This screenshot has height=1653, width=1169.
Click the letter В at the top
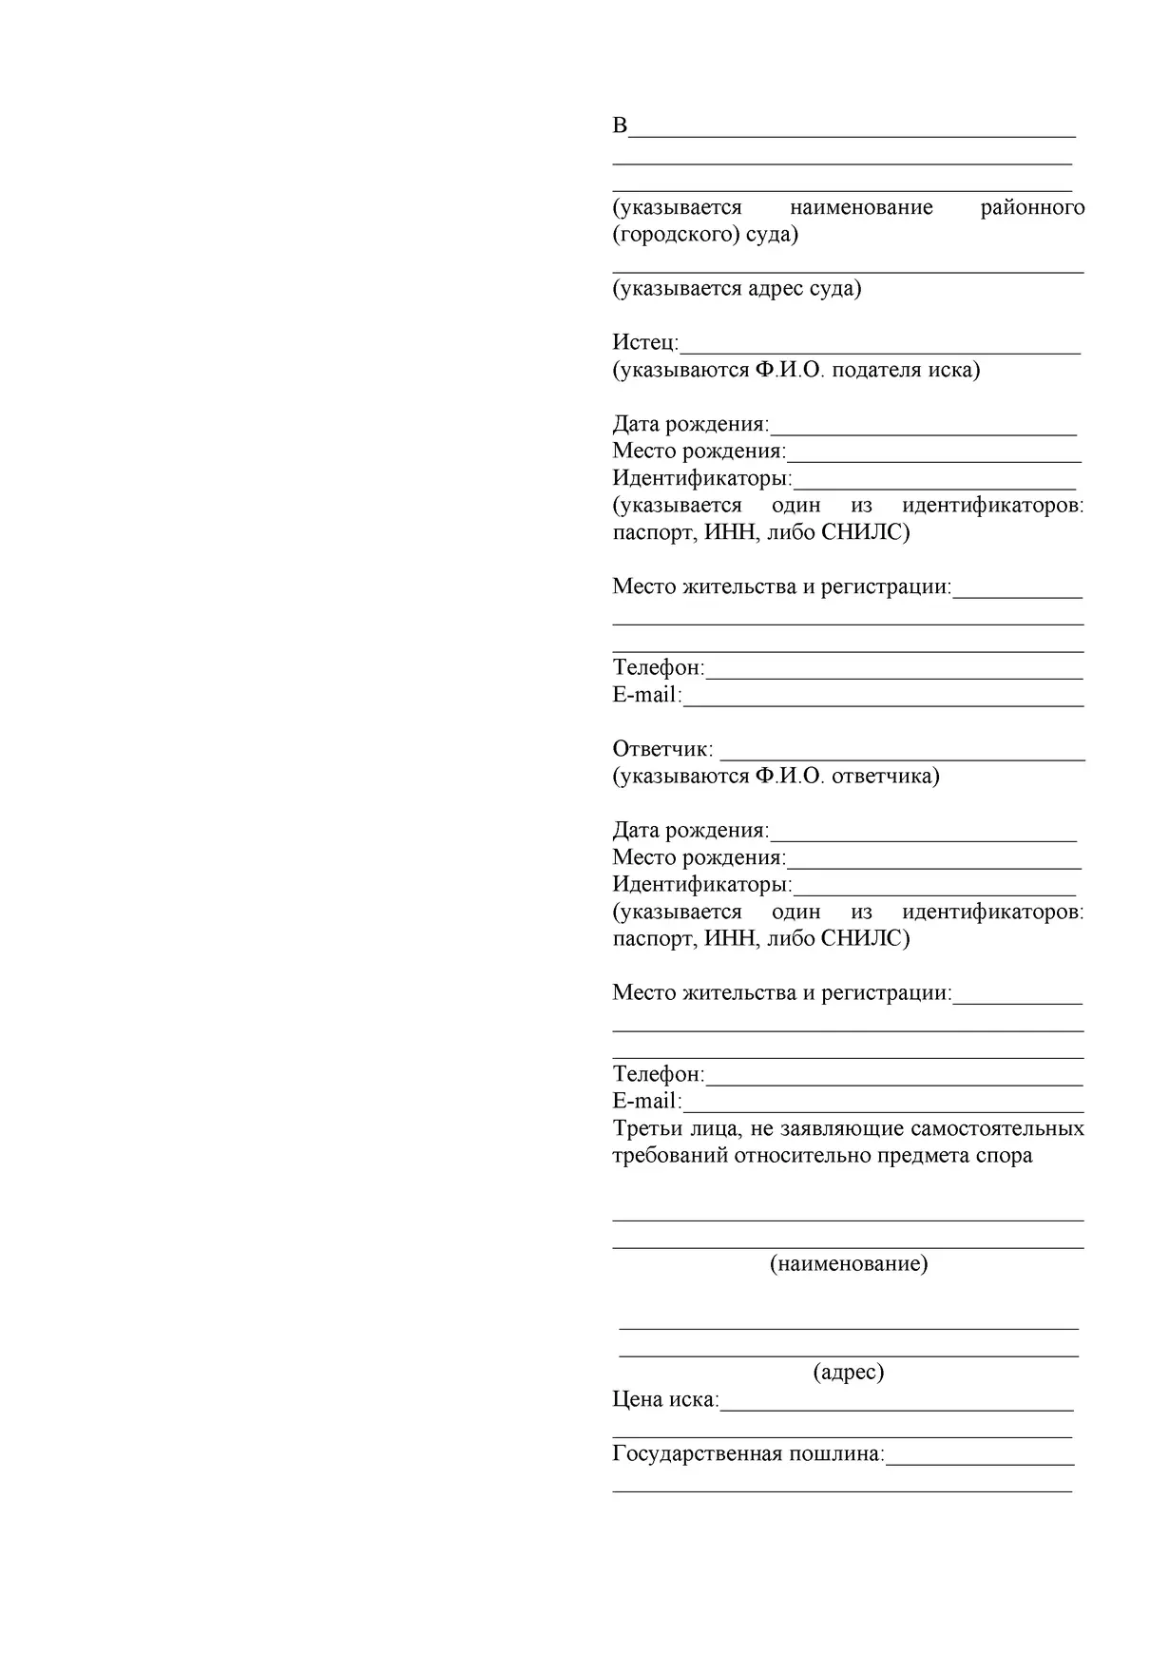[x=620, y=125]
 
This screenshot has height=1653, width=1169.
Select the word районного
[x=1032, y=207]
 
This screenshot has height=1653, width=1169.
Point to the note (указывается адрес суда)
[x=737, y=288]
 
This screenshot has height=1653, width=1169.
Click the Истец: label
[x=645, y=342]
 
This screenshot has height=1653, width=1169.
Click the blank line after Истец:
[x=880, y=348]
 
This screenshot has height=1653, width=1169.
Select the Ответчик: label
[x=662, y=749]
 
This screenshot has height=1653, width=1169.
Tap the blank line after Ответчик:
[x=902, y=756]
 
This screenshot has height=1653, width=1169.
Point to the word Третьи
[x=645, y=1128]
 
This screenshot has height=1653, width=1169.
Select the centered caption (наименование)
[x=849, y=1263]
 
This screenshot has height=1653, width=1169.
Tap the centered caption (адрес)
[x=849, y=1372]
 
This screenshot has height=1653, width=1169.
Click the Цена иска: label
[x=665, y=1399]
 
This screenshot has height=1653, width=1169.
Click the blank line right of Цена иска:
[x=896, y=1406]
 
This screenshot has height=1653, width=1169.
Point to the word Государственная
[x=697, y=1453]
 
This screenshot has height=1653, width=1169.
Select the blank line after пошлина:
[x=979, y=1460]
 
